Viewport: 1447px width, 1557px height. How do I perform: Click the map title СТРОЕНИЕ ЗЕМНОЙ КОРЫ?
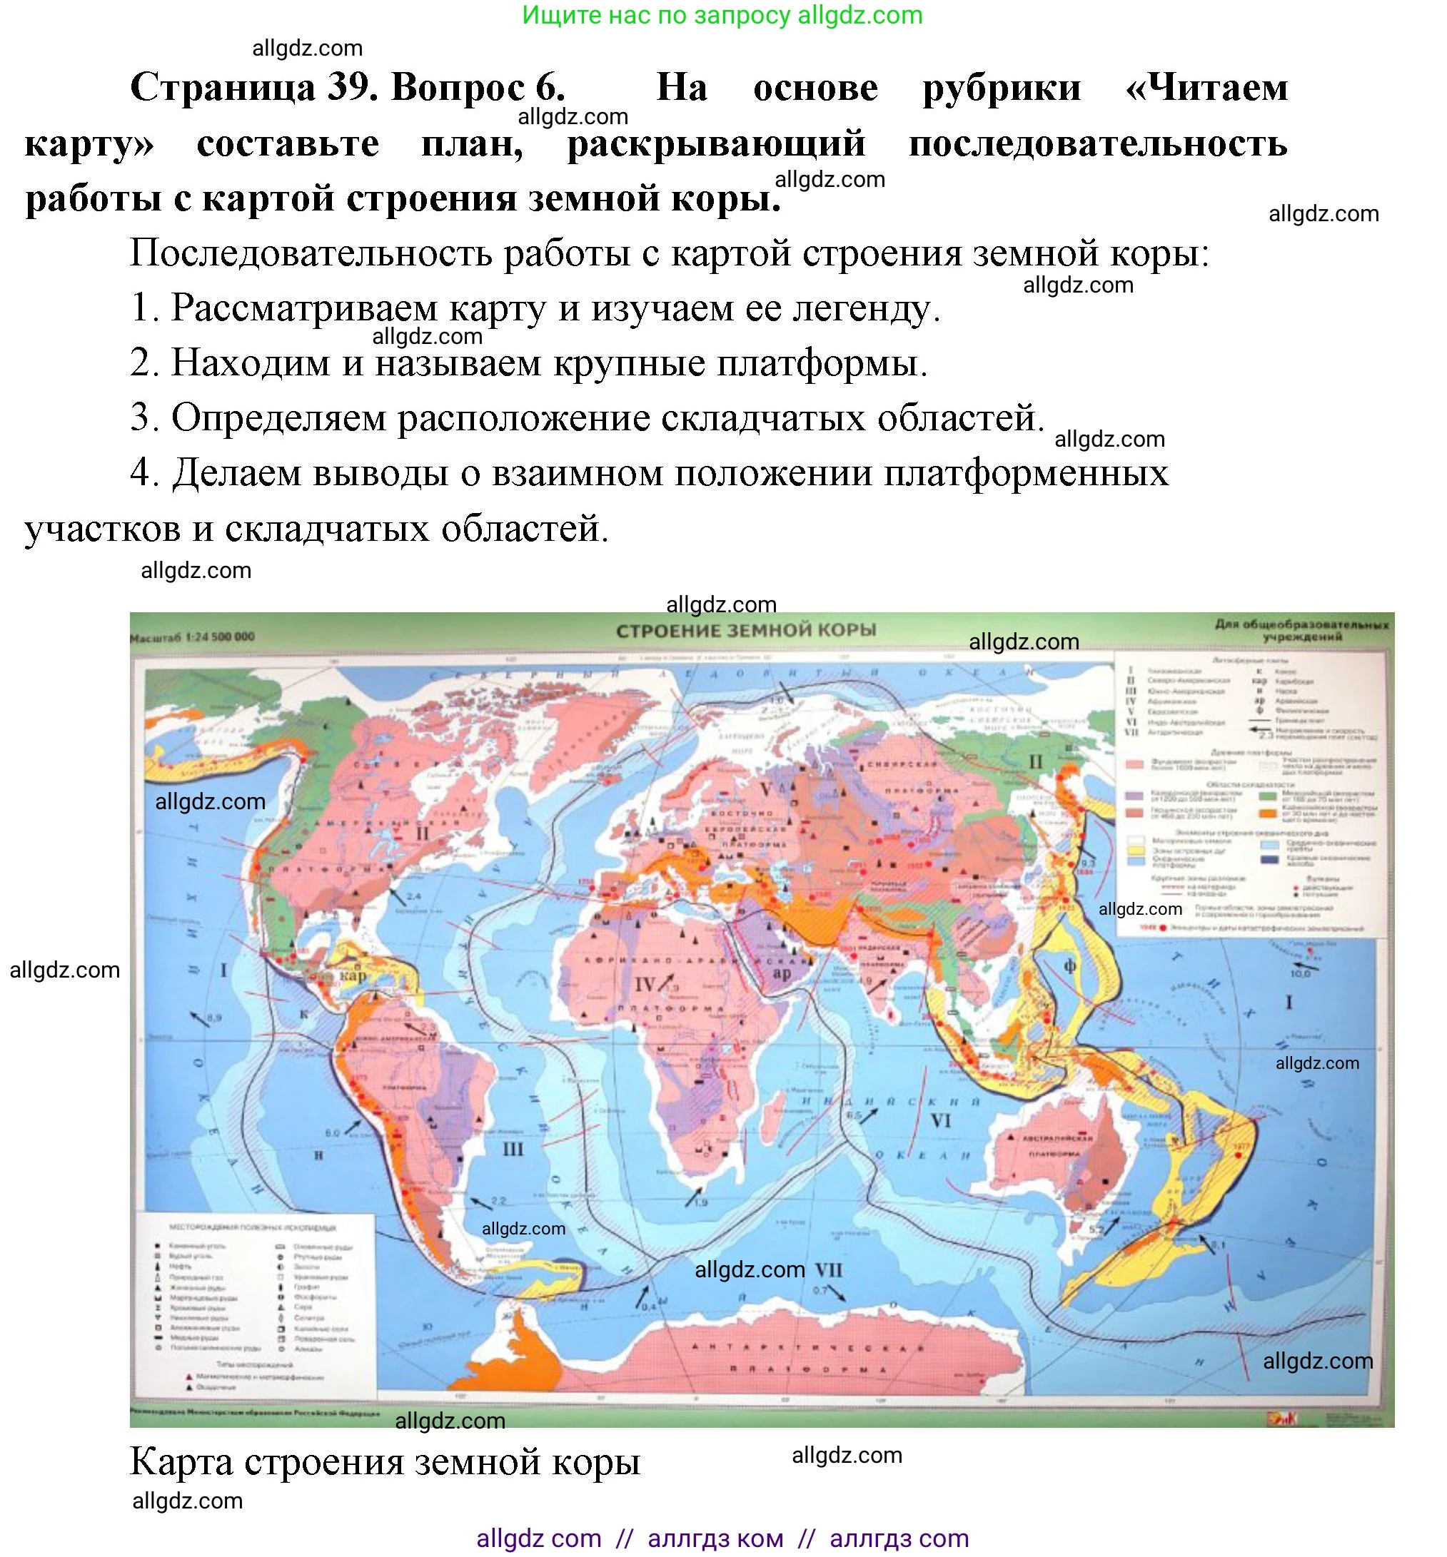745,631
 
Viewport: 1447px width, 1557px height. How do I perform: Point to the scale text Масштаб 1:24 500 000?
193,637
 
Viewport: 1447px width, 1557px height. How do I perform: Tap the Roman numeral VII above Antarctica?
828,1269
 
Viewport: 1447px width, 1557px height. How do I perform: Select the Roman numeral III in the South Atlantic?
513,1149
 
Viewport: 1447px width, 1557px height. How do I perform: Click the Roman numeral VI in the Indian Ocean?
940,1121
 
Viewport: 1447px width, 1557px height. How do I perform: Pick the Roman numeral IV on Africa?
644,984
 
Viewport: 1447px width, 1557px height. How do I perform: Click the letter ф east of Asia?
1069,966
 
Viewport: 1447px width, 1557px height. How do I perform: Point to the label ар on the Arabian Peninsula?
782,973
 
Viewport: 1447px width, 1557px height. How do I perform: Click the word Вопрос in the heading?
478,87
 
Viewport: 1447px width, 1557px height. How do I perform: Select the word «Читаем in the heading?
1206,87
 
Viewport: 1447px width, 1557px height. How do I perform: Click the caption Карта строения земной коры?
385,1461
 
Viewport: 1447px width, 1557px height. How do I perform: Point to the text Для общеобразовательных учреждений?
1301,630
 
